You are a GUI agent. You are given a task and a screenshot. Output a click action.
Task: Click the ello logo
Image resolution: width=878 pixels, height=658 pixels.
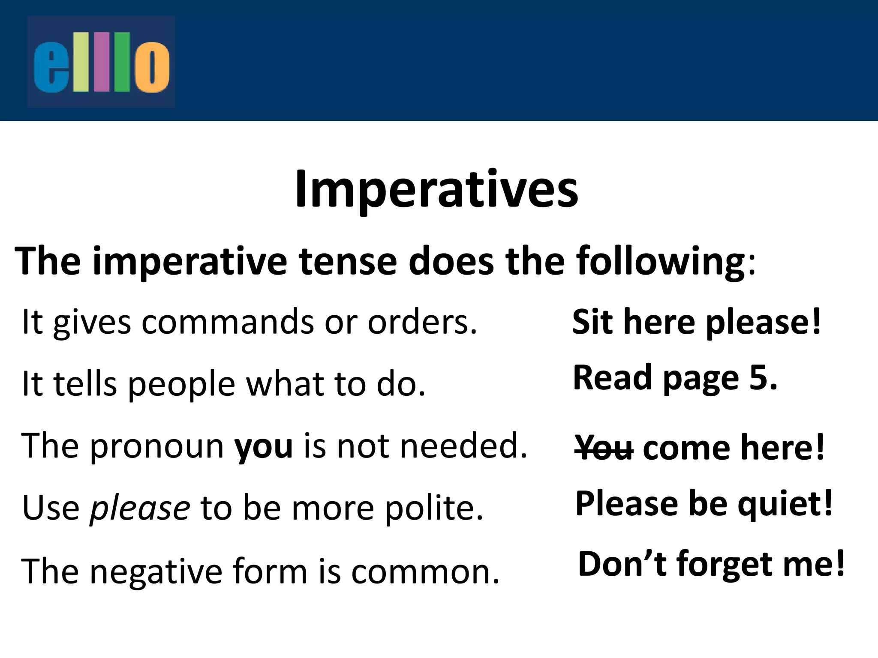[101, 62]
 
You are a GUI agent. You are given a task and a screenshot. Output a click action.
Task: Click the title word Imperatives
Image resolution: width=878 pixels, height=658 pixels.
[436, 189]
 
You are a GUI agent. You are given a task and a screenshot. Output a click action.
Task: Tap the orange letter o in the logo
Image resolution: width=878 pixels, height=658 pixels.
[152, 67]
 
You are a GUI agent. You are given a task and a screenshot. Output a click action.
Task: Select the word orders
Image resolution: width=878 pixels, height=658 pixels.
[422, 322]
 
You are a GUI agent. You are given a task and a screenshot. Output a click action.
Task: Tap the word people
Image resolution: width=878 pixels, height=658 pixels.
[181, 384]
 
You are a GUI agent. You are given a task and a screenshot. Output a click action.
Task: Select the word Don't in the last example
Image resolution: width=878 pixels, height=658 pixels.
[622, 564]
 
